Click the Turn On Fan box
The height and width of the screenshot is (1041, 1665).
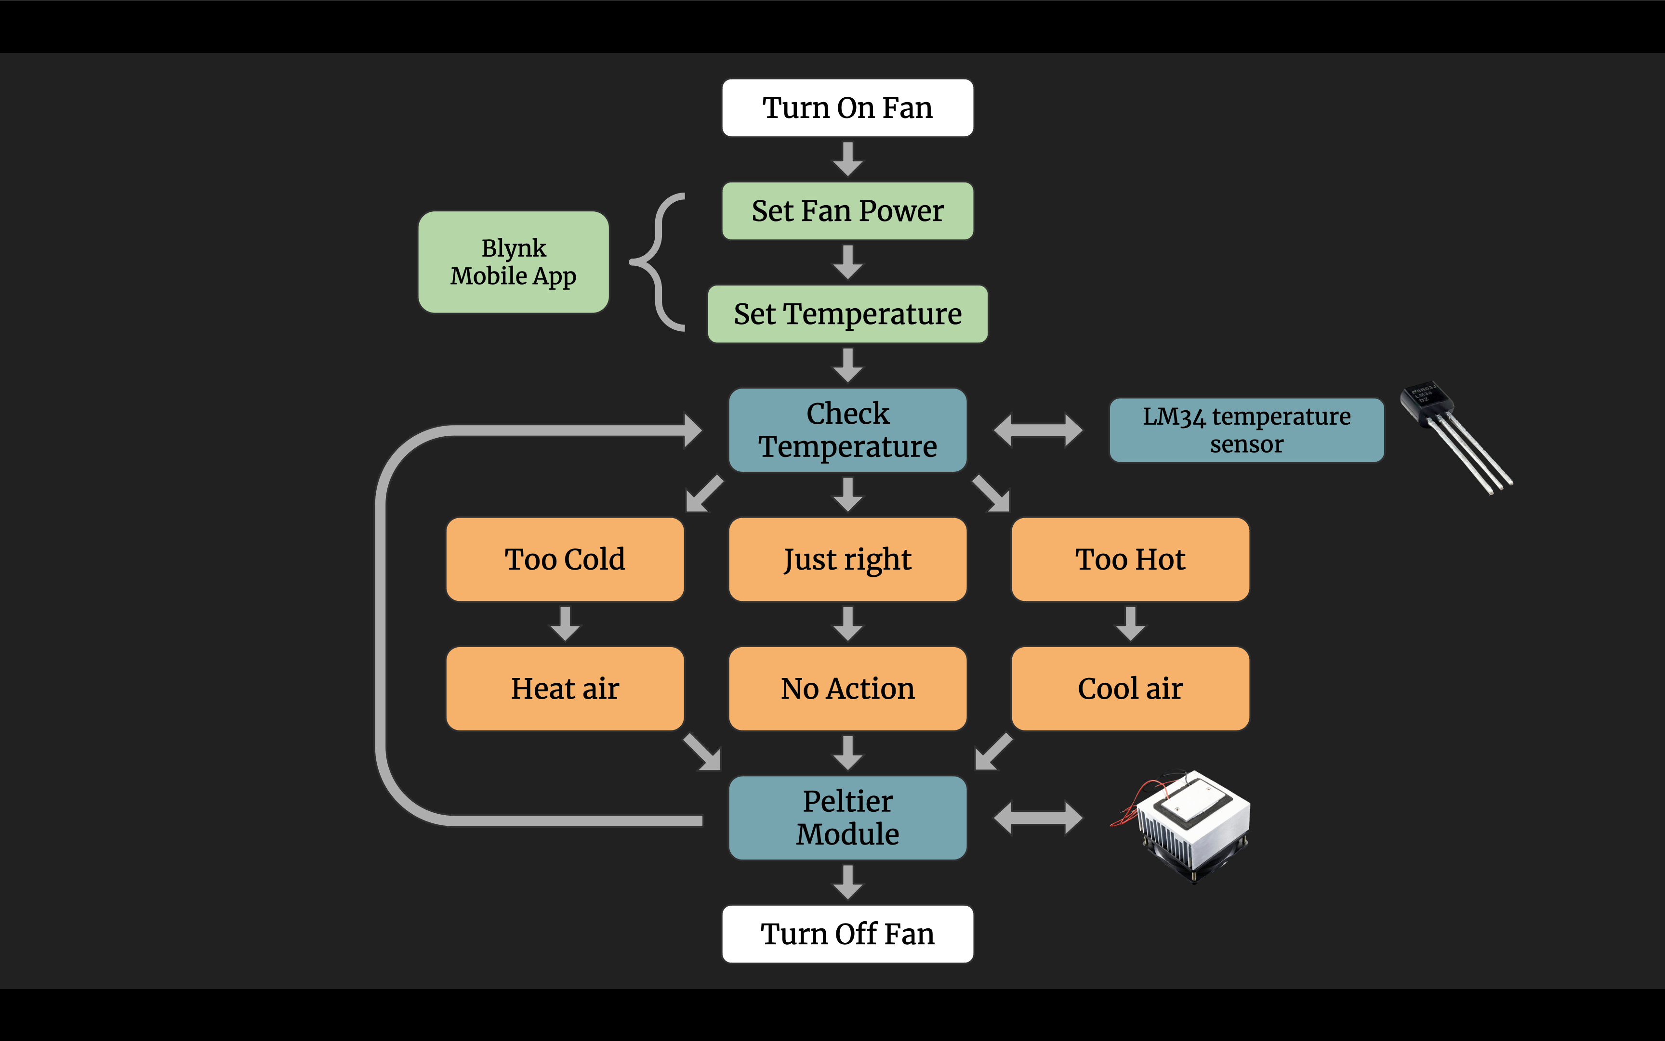click(847, 108)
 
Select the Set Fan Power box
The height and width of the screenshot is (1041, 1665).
click(847, 211)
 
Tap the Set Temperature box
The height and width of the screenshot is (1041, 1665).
click(847, 314)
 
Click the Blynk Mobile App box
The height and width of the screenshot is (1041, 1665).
click(513, 262)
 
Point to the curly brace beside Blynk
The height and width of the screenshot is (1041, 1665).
click(658, 262)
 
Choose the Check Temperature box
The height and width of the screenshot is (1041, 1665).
click(847, 430)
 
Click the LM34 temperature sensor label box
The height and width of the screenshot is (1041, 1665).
click(1246, 430)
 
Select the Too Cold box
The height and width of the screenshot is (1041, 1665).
click(565, 559)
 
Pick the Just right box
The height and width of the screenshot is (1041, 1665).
click(847, 559)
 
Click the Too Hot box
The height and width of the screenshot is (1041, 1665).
click(1130, 559)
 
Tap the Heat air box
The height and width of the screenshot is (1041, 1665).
click(565, 689)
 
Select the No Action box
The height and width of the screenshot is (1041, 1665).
click(847, 689)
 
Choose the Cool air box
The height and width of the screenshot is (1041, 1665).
click(1130, 689)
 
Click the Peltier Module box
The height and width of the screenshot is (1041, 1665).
click(847, 818)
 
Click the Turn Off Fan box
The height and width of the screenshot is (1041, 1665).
click(847, 934)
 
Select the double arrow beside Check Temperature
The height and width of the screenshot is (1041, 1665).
click(1038, 430)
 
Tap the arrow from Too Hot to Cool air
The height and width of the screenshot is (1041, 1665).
click(1130, 624)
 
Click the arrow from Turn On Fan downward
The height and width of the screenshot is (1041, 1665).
click(848, 159)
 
